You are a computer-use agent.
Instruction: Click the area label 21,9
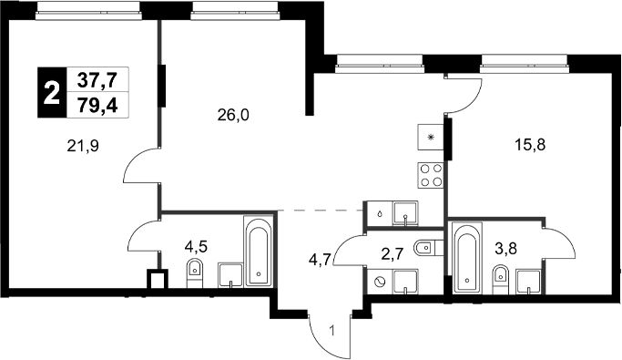click(83, 143)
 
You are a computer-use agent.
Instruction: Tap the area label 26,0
click(232, 115)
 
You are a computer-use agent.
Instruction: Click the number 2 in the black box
click(51, 91)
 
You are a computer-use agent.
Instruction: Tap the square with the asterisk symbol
click(431, 136)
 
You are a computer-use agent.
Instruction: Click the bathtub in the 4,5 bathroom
click(258, 252)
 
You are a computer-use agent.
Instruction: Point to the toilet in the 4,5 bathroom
click(193, 271)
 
